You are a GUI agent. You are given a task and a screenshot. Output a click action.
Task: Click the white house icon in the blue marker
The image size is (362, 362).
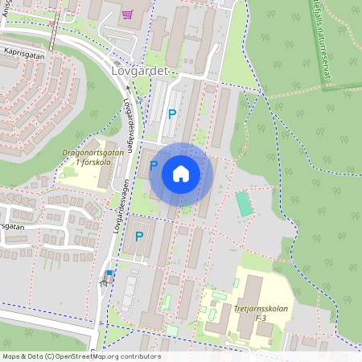coord(181,173)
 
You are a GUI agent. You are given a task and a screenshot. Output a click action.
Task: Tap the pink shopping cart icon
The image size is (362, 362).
coord(126,14)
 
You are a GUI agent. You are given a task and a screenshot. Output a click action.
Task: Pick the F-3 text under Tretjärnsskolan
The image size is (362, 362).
coord(261,319)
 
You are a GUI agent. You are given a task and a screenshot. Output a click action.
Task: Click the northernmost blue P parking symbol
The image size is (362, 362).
coord(171,113)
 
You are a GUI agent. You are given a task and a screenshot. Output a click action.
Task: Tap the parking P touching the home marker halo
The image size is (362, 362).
coord(154,166)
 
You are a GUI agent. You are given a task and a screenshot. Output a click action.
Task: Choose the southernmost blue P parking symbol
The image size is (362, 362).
coord(139,236)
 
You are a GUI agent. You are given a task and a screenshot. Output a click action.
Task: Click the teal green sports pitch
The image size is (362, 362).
coord(244,204)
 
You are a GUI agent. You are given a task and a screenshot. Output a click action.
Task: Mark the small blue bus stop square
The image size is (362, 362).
coord(109,274)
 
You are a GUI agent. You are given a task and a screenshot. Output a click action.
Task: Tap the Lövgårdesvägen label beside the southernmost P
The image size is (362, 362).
coord(117,225)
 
